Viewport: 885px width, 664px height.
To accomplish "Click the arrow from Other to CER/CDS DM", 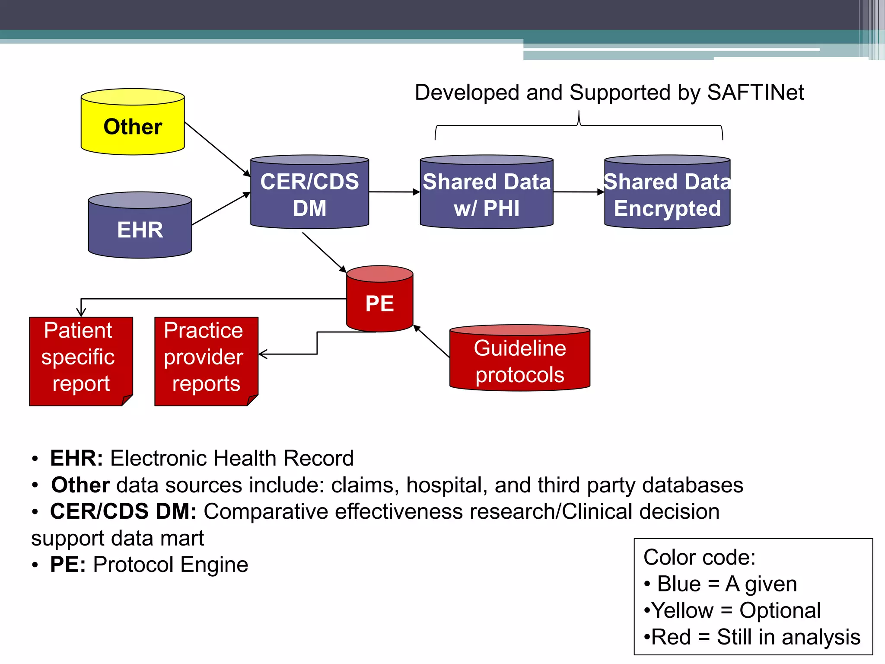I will coord(217,149).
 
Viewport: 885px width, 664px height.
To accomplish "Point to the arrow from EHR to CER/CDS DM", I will coord(220,209).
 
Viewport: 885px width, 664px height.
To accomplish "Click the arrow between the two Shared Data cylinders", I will coord(579,192).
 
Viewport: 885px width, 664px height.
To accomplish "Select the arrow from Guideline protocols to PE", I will coord(431,341).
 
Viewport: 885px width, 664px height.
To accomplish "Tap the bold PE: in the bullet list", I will coord(68,565).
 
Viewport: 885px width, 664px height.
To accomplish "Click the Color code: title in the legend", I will coord(699,557).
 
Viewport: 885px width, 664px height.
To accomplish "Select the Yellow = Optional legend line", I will coord(732,610).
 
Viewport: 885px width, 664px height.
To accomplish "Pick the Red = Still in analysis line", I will coord(752,637).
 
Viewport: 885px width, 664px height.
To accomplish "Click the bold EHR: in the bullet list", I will coord(76,458).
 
